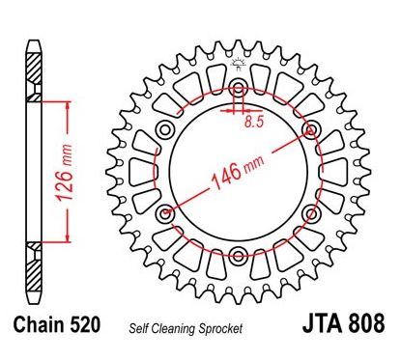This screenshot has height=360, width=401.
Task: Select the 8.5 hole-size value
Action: tap(254, 123)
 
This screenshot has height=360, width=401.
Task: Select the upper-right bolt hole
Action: tap(309, 128)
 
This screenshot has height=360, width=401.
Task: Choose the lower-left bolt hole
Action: tap(164, 212)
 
